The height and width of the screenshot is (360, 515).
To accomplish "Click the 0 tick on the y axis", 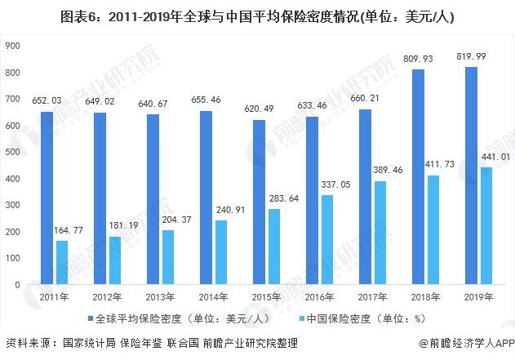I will tap(16, 285).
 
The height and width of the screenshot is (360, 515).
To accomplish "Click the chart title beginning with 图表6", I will tap(258, 16).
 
